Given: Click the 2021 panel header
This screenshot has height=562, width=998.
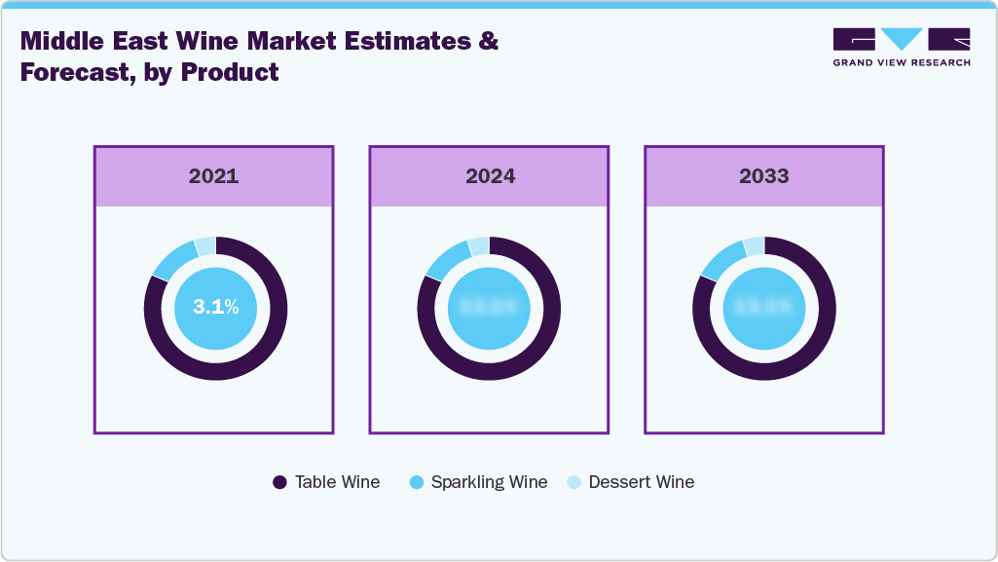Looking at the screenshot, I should click(213, 176).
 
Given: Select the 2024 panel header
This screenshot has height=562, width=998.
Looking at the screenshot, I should click(489, 176).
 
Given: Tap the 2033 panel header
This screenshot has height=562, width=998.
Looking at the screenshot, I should click(763, 176).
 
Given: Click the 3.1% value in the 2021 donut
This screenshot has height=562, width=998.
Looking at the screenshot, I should click(215, 307).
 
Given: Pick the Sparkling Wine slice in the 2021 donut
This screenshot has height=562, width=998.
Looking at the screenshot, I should click(172, 259).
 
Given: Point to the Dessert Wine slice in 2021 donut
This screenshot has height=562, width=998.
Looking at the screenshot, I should click(204, 246).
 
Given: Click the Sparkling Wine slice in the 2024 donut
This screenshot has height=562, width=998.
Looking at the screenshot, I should click(446, 259).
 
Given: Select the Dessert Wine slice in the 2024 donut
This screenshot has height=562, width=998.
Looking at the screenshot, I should click(478, 246).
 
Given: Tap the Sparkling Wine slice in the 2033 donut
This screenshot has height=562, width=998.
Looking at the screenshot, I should click(721, 259).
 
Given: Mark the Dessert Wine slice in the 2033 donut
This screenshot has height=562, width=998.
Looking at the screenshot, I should click(754, 246).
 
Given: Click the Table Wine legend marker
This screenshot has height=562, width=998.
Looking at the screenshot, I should click(279, 482).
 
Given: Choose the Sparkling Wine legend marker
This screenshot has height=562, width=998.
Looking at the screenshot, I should click(417, 482).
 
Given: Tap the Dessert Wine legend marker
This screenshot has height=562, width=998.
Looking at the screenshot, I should click(573, 482).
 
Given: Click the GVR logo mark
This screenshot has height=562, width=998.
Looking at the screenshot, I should click(902, 39).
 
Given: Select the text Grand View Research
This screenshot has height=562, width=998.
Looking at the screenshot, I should click(902, 63).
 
